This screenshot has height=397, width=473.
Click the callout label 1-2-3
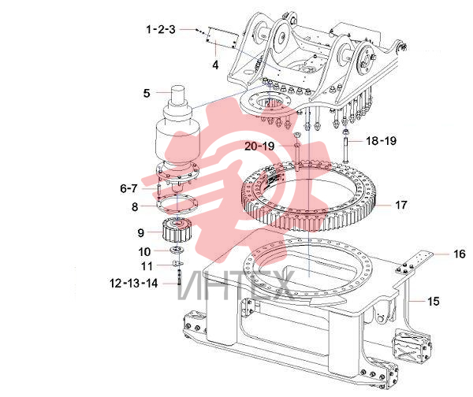pos(161,30)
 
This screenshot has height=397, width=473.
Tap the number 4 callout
pos(215,65)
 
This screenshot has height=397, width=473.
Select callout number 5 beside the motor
pos(147,93)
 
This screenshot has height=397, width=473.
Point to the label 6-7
pos(128,188)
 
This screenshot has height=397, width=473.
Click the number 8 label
pos(135,207)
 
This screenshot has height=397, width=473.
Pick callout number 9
pos(141,232)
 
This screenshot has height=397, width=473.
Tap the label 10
pos(144,252)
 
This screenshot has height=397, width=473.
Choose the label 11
pos(147,266)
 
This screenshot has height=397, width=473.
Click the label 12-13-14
pos(134,284)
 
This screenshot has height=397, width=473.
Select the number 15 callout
pos(434,301)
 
